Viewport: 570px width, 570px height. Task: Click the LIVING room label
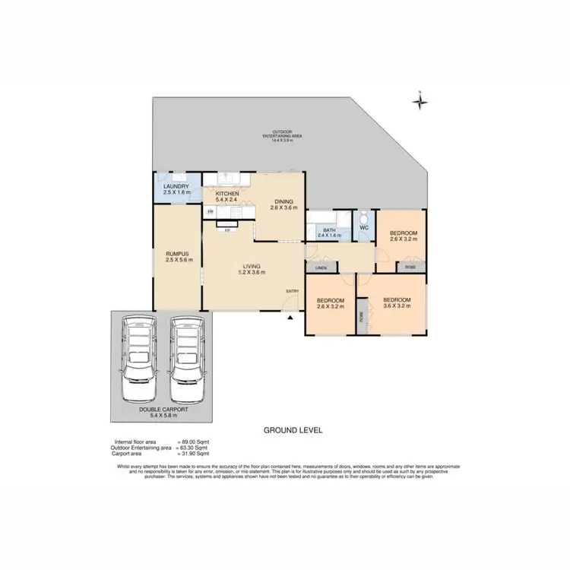point(252,268)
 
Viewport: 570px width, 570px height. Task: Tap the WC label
point(363,226)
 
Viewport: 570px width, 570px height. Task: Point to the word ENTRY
point(293,291)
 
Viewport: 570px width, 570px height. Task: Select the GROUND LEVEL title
point(293,430)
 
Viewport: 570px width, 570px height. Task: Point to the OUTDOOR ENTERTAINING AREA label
point(282,135)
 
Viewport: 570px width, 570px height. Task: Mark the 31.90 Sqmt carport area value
point(195,454)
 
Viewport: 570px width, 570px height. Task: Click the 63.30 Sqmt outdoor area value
point(195,448)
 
